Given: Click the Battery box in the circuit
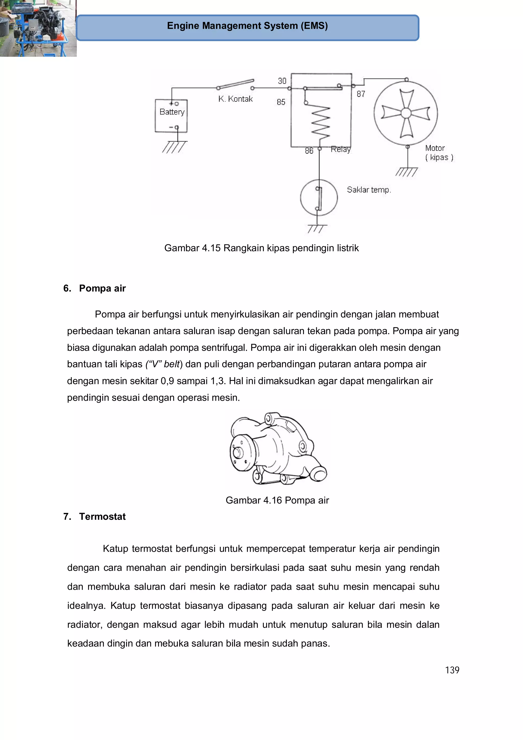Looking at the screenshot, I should click(x=171, y=116).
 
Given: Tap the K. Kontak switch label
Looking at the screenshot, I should click(x=235, y=99).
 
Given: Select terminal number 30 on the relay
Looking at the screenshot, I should click(x=282, y=81).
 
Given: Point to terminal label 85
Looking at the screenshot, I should click(x=281, y=102).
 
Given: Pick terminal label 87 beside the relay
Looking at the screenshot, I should click(x=361, y=94).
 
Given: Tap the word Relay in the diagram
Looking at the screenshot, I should click(x=341, y=149).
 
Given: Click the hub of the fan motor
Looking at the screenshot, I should click(x=406, y=113).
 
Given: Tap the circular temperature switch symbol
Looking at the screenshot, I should click(x=319, y=197).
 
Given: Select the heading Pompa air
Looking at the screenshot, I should click(x=102, y=288).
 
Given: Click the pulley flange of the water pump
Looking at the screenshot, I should click(x=241, y=453).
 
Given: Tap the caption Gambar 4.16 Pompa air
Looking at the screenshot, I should click(x=277, y=500).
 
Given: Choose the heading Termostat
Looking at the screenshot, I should click(x=102, y=516).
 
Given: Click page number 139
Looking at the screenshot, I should click(x=452, y=670).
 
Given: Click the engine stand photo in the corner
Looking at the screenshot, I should click(x=38, y=28).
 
